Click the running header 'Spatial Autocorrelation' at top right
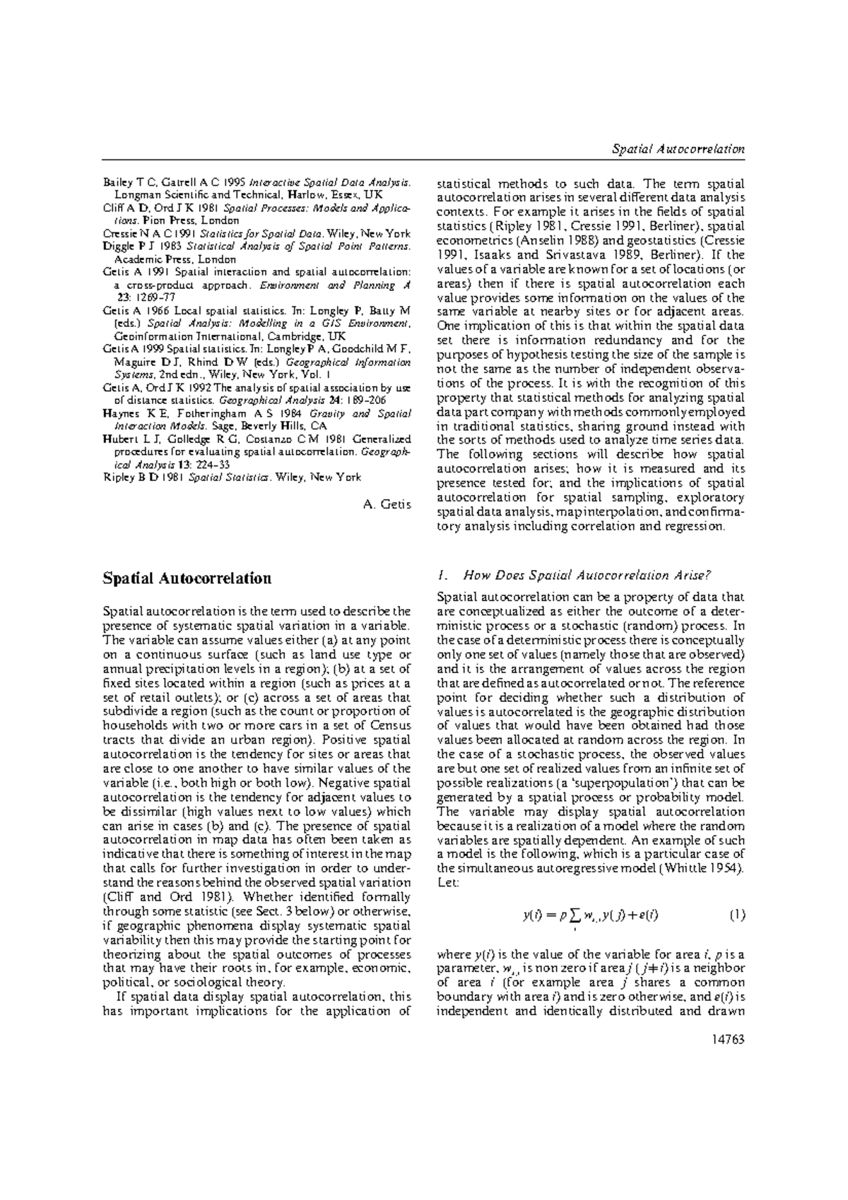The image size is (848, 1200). (678, 149)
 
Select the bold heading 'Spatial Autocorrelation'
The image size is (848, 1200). (187, 578)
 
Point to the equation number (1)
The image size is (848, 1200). (736, 915)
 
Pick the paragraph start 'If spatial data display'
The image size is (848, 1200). (177, 997)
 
